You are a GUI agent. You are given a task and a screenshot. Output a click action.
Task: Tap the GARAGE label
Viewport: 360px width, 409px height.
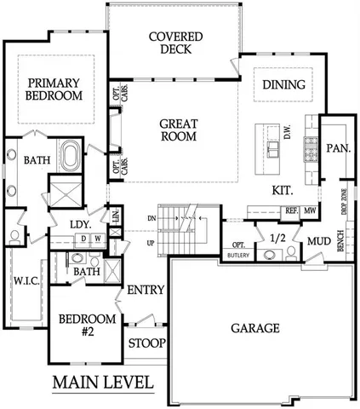[x=255, y=327]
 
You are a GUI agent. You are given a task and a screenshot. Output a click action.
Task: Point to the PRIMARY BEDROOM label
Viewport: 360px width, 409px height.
[x=54, y=89]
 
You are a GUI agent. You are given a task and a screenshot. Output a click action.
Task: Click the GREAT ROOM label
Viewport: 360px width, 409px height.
[x=179, y=130]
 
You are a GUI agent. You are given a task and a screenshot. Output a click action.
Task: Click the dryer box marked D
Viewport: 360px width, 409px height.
[x=83, y=239]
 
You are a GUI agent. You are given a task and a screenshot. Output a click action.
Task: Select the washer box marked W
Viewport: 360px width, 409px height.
[x=98, y=239]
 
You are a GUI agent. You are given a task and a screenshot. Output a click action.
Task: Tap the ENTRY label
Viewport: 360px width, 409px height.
[x=145, y=291]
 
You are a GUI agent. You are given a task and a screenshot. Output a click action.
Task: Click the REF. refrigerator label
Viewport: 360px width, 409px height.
[x=289, y=210]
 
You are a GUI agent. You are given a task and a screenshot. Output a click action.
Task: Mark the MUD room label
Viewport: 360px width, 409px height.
[x=318, y=241]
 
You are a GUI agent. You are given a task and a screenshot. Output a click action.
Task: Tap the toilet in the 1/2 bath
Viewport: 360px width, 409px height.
[x=292, y=251]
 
